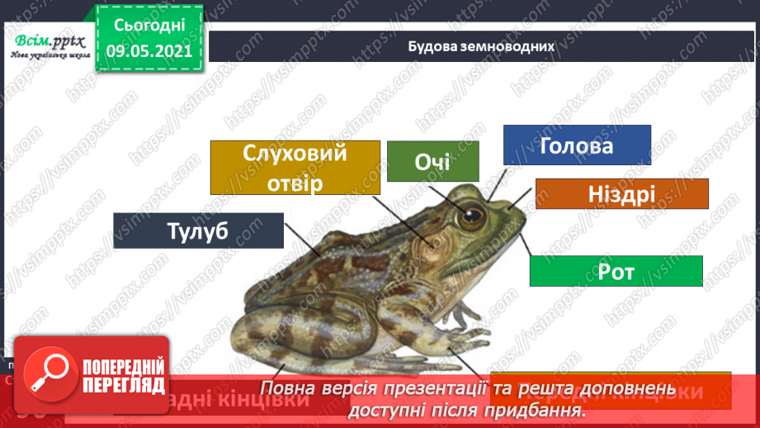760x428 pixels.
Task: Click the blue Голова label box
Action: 577,147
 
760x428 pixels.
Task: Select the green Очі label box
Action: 432,161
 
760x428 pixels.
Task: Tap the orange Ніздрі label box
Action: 621,194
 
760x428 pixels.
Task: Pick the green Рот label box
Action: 616,271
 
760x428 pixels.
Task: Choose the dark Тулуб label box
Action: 198,231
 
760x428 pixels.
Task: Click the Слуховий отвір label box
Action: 295,167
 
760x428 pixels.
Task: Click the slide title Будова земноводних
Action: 480,45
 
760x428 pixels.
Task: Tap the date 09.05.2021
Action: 149,51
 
